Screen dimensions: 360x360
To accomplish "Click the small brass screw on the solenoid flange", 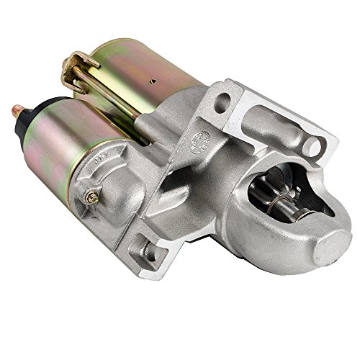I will tap(91, 194).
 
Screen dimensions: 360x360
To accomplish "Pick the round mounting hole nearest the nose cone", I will tap(314, 146).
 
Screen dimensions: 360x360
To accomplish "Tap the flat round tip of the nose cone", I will tap(333, 248).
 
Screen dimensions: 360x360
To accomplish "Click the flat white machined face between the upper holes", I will tap(266, 119).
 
